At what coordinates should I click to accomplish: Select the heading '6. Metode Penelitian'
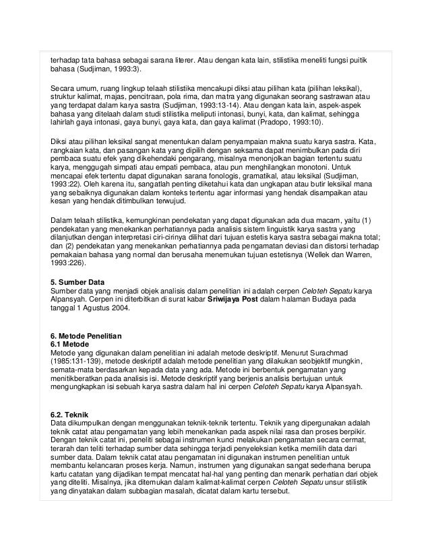pyautogui.click(x=87, y=335)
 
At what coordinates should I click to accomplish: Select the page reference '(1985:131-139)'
pyautogui.click(x=78, y=361)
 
